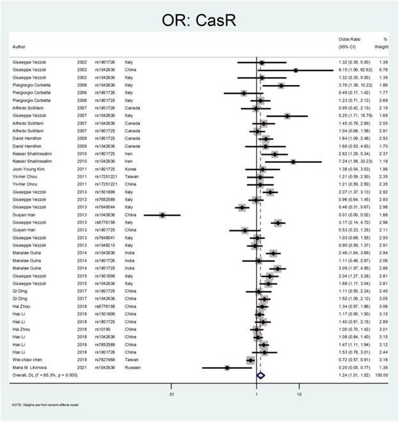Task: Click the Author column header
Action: point(20,47)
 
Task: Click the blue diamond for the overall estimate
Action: point(260,375)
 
